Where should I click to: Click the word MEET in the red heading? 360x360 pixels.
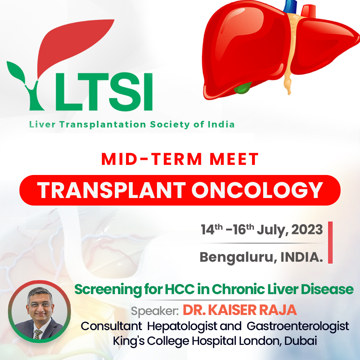coord(234,159)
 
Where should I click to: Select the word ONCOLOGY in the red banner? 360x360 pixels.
coord(257,190)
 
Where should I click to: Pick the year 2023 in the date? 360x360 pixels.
coord(307,230)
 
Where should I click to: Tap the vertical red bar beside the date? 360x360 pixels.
coord(330,242)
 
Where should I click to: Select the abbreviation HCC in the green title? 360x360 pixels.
coord(180,289)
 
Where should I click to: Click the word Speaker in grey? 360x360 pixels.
coord(154,311)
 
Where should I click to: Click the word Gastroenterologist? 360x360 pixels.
coord(298,327)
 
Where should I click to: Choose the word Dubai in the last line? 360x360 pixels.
coord(301,341)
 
